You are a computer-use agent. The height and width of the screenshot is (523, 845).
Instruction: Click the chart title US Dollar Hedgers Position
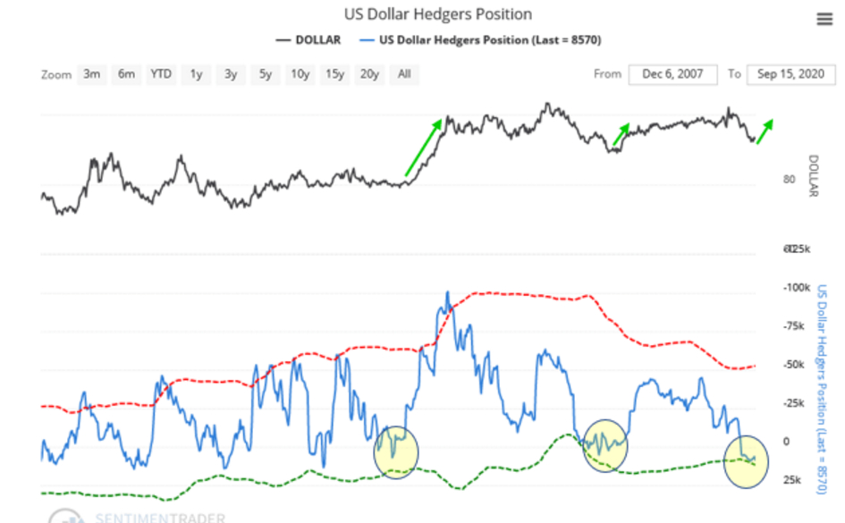coord(438,14)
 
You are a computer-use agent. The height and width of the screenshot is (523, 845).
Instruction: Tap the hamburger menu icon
coord(824,20)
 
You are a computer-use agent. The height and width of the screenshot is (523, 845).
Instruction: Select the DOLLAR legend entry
coord(308,39)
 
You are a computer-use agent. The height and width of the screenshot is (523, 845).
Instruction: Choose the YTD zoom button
coord(161,74)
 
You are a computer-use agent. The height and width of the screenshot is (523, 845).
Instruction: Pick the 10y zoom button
coord(300,74)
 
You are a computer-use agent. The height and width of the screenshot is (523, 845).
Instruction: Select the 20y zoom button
coord(369,74)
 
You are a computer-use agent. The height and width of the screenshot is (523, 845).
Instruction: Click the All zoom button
coord(404,74)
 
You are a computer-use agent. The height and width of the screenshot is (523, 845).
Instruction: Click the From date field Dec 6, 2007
coord(672,74)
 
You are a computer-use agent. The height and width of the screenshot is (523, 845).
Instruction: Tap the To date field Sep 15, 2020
coord(791,74)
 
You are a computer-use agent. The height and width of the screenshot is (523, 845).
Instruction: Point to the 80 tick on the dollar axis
coord(789,179)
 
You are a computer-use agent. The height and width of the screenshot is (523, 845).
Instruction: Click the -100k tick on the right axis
coord(795,288)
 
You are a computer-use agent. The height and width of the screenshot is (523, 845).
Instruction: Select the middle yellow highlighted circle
coord(605,444)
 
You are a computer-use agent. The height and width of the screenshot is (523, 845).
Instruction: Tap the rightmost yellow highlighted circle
coord(746,461)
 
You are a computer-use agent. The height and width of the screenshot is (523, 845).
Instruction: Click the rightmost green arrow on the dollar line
coord(765,131)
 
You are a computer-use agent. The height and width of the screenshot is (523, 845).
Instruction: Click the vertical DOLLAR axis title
coord(813,175)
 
